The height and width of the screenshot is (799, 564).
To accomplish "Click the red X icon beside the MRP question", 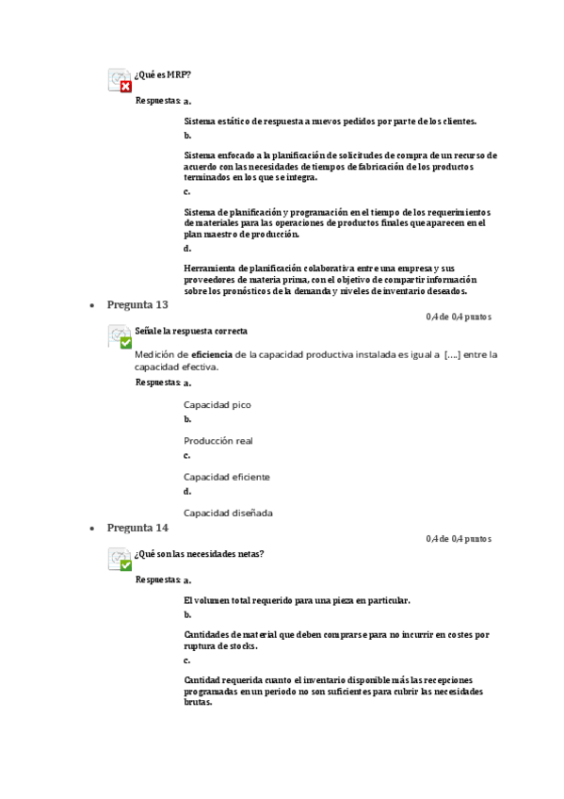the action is click(x=125, y=87).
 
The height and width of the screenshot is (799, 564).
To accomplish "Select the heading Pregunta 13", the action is click(x=137, y=304).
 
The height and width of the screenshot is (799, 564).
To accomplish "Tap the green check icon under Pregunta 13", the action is click(x=125, y=343).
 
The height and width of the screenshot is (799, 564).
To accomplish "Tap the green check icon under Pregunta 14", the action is click(x=125, y=565).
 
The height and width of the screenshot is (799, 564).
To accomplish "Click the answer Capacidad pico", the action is click(x=218, y=405).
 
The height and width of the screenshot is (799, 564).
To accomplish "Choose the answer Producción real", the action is click(x=218, y=441).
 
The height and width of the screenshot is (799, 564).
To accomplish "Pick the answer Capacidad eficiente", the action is click(x=227, y=477).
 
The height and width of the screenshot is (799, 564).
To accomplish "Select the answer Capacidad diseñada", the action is click(x=228, y=513).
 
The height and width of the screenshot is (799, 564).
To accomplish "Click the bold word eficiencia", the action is click(x=212, y=354).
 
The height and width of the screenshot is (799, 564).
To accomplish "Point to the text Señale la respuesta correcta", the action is click(x=191, y=332).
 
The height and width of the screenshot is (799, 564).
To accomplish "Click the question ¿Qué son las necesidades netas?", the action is click(x=199, y=554).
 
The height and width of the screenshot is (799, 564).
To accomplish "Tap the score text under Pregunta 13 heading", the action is click(x=459, y=317).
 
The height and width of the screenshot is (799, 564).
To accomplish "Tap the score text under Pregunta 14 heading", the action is click(x=459, y=539).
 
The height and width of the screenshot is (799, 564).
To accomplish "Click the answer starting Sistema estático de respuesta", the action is click(x=330, y=121).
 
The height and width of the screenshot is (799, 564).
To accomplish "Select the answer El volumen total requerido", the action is click(x=297, y=600).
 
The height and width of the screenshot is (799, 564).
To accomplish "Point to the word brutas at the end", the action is click(x=199, y=702).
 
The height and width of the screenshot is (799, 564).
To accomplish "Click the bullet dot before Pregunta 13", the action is click(x=91, y=306).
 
